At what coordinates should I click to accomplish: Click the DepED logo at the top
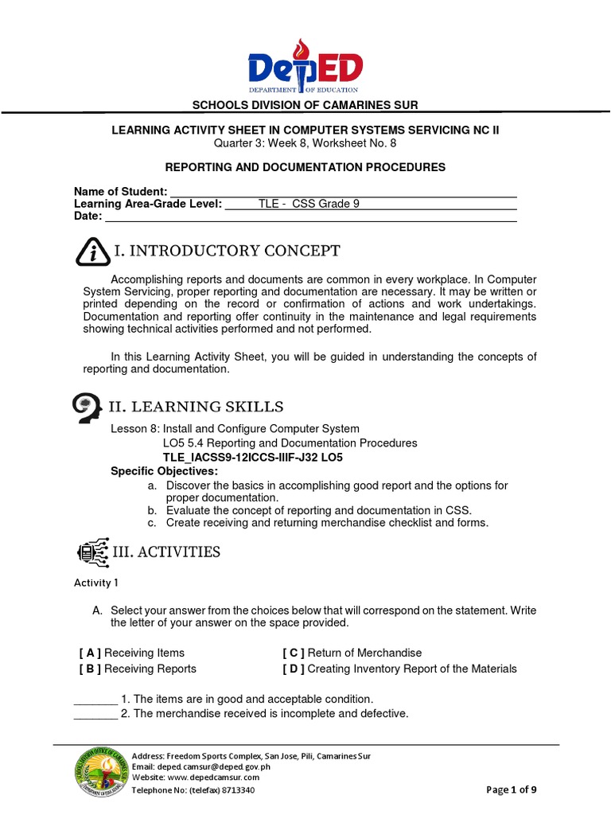pos(305,67)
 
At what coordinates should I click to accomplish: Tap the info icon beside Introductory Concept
pos(93,252)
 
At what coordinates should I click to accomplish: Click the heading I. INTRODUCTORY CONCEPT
pos(228,252)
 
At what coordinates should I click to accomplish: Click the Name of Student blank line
pos(343,192)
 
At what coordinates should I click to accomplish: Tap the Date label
pos(88,216)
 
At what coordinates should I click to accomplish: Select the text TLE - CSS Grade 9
pos(309,204)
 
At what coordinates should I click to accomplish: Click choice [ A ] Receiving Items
pos(132,653)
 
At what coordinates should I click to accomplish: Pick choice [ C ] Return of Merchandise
pos(352,653)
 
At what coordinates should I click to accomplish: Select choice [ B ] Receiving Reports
pos(138,669)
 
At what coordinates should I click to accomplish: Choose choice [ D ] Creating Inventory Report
pos(399,669)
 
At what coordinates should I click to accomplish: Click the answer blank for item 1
pos(95,699)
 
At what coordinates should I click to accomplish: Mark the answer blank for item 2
pos(95,714)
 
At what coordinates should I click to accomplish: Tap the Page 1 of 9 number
pos(516,790)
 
